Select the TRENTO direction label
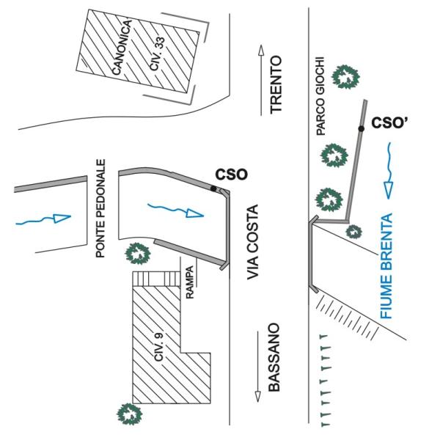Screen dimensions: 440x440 pyautogui.click(x=276, y=84)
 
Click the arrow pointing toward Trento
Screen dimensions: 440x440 pyautogui.click(x=260, y=80)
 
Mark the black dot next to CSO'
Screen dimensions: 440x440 pyautogui.click(x=361, y=129)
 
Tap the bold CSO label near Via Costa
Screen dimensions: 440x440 pyautogui.click(x=231, y=175)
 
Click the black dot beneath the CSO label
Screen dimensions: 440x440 pyautogui.click(x=213, y=188)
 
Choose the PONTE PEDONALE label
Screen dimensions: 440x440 pyautogui.click(x=102, y=208)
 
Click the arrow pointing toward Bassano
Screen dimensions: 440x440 pyautogui.click(x=258, y=366)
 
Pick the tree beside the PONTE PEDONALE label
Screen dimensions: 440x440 pyautogui.click(x=137, y=254)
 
